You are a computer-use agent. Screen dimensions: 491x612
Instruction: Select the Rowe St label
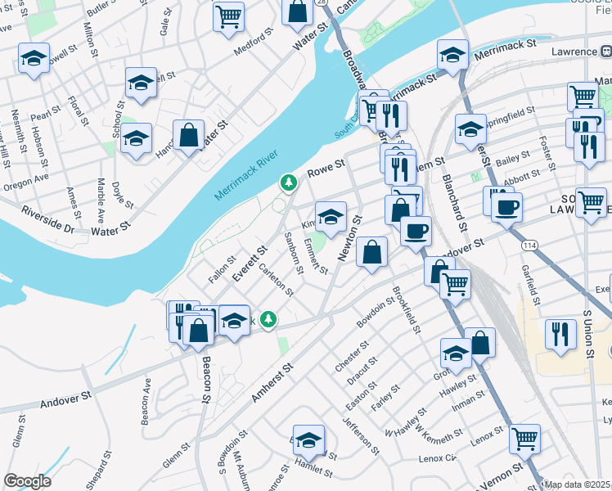click(325, 170)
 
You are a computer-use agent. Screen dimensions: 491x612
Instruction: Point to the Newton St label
click(350, 239)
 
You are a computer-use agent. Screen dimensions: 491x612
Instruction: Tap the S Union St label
click(587, 332)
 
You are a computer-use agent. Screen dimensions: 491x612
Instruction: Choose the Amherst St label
click(272, 383)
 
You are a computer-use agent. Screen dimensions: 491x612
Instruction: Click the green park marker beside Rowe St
click(288, 182)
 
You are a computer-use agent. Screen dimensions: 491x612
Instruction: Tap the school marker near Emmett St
click(331, 216)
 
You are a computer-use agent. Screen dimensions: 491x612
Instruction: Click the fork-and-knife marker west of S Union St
click(560, 333)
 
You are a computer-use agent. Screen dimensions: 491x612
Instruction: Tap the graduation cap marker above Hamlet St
click(308, 440)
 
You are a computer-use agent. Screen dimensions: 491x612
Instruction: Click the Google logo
click(27, 481)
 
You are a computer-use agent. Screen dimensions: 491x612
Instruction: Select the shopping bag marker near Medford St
click(298, 11)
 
